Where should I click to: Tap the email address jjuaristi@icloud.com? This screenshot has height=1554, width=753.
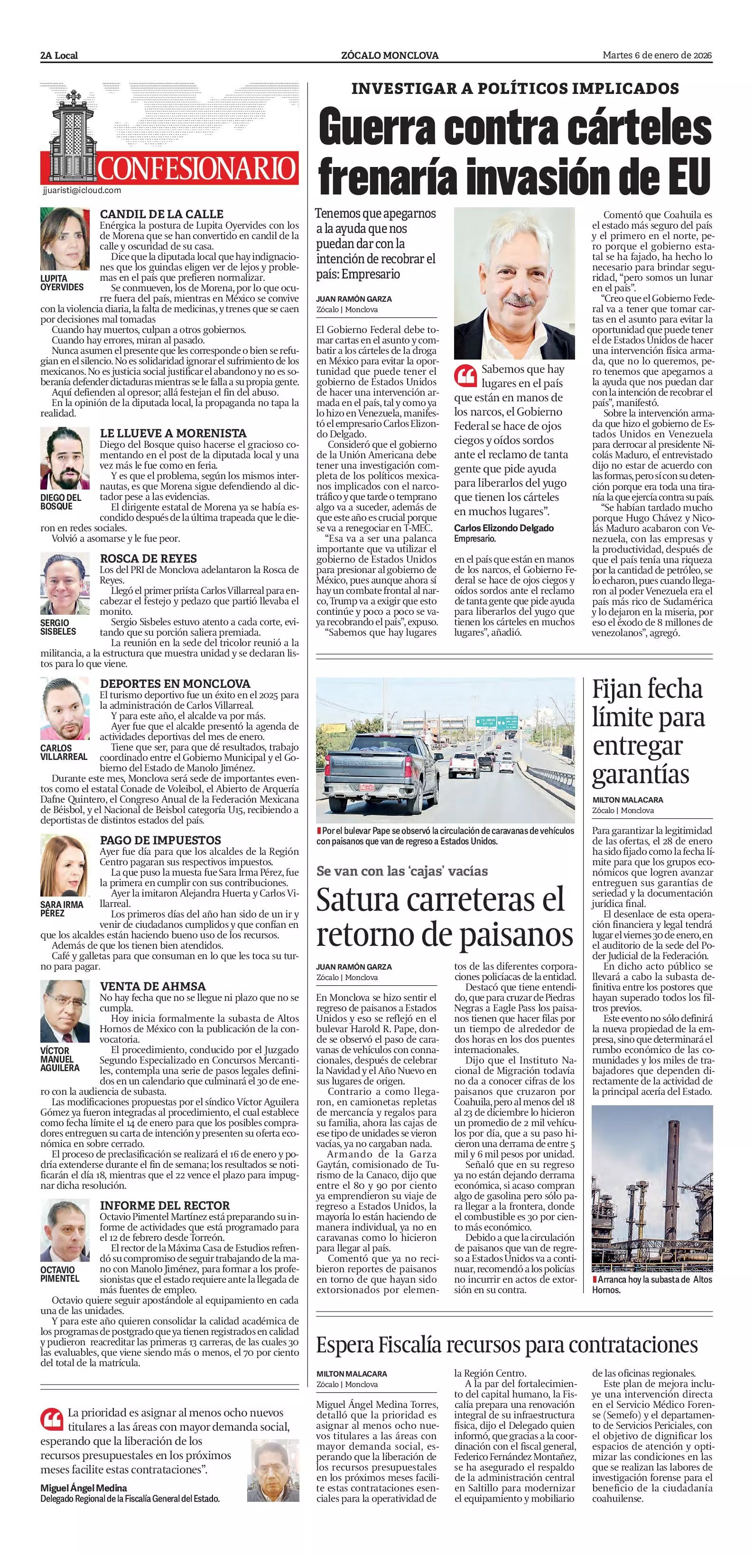(82, 190)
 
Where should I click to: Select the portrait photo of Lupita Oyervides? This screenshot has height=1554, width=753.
(65, 240)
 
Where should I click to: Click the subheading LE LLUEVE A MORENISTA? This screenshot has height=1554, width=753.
(173, 433)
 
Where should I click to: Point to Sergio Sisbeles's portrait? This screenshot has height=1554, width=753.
(65, 584)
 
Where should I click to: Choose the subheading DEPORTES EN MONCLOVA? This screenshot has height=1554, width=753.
(175, 684)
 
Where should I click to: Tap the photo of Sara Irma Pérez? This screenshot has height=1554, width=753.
(65, 866)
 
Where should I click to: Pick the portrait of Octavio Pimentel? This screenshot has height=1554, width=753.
(65, 1232)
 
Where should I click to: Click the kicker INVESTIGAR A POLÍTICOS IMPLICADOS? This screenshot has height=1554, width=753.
(515, 88)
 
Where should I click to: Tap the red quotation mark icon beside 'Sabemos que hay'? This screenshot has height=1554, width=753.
(465, 375)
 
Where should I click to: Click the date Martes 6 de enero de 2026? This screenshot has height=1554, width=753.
(657, 55)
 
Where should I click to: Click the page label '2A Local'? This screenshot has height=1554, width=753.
(59, 55)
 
